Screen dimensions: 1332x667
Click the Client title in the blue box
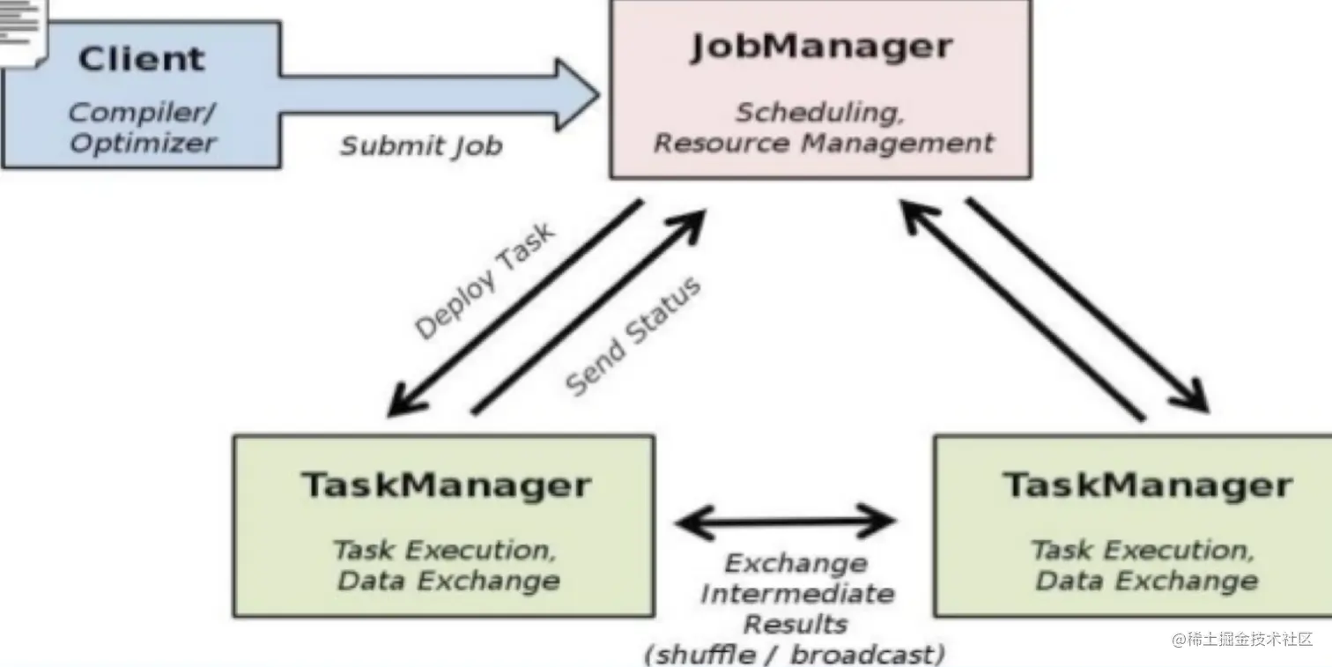141,59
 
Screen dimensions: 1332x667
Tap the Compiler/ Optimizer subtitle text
143,128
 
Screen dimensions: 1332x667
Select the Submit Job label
421,145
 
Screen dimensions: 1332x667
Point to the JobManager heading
821,47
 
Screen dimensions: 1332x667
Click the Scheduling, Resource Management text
824,128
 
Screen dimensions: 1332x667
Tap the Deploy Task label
485,280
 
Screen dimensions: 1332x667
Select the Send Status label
633,337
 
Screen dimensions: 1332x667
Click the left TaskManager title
446,485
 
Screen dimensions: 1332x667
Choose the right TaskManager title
1147,485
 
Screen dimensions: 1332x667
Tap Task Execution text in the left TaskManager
444,551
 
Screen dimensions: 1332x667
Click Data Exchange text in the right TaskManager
1146,581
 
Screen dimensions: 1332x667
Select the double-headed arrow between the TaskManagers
785,522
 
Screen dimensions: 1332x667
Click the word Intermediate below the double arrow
796,594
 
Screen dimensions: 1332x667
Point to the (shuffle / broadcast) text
795,654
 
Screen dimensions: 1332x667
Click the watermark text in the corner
1242,639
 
